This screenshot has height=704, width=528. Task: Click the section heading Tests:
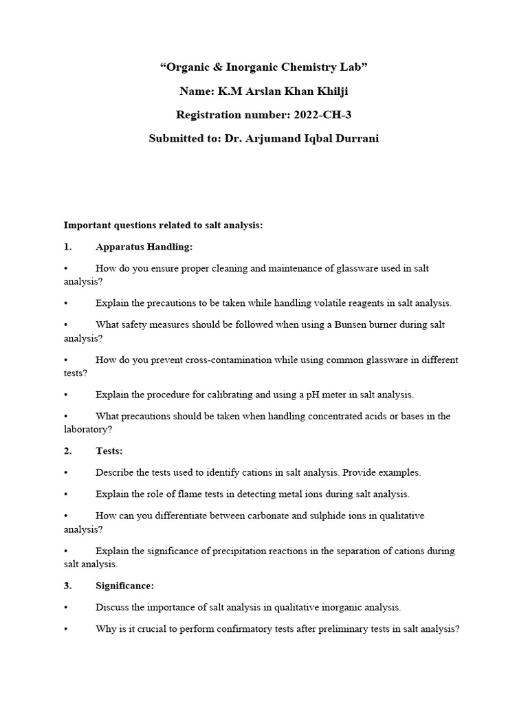click(109, 451)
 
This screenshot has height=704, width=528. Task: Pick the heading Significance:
click(124, 586)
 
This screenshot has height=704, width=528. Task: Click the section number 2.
click(67, 451)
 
